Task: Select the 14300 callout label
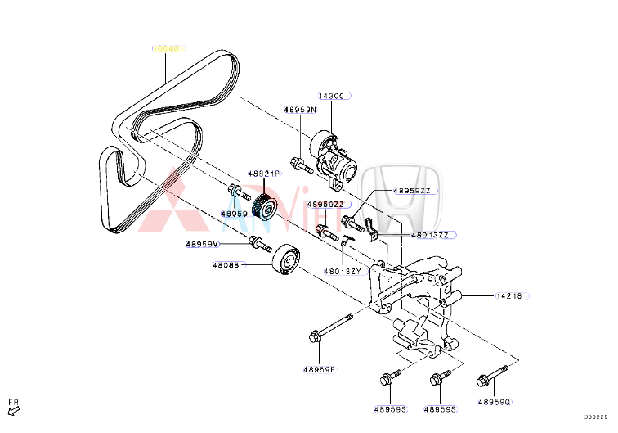(332, 97)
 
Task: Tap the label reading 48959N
(300, 110)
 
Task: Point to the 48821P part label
(262, 174)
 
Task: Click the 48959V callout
(202, 244)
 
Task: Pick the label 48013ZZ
(430, 235)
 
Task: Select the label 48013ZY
(343, 270)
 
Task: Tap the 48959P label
(320, 370)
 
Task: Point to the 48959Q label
(494, 402)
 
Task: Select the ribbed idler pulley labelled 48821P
(266, 206)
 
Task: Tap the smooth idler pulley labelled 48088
(284, 260)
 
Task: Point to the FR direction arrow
(14, 407)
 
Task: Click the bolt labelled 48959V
(259, 243)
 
